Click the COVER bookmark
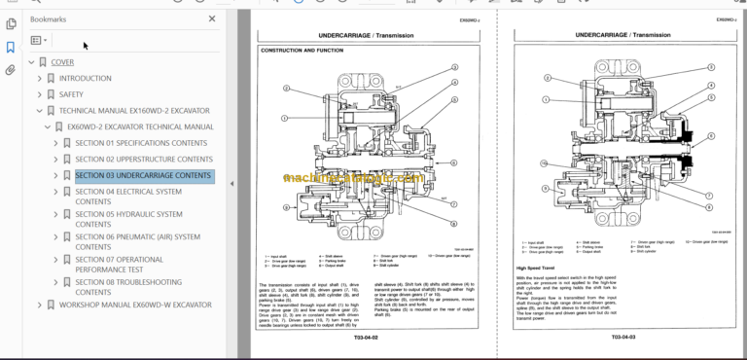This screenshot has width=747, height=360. (62, 62)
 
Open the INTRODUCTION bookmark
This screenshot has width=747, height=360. (85, 79)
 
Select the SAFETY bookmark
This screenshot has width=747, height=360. (71, 94)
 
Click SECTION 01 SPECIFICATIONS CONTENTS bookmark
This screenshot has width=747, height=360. (141, 143)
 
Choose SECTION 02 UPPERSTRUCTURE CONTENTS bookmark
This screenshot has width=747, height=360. (144, 159)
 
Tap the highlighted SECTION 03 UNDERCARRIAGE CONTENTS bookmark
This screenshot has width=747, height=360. (143, 176)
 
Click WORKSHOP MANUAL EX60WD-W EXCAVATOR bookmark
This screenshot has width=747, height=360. (135, 305)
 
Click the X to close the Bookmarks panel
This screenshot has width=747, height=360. (213, 18)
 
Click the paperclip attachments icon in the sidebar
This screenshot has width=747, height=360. (11, 70)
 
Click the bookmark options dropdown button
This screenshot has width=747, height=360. (38, 41)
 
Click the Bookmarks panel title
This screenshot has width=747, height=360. (50, 18)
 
